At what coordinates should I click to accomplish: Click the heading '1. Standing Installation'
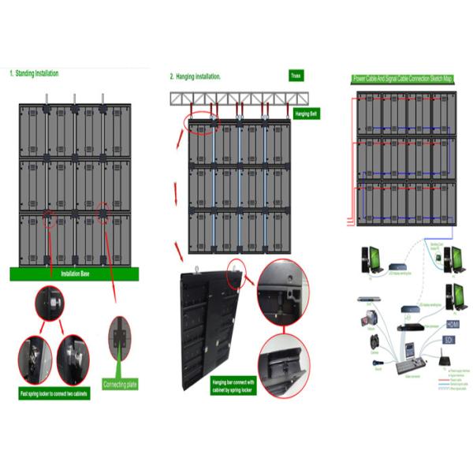[35, 73]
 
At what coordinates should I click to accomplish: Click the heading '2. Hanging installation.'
[196, 76]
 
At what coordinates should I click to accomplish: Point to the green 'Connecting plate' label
[121, 384]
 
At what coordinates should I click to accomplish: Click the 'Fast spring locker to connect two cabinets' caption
[54, 393]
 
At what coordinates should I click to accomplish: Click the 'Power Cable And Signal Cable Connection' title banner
[403, 79]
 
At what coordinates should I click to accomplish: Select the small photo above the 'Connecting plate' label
[120, 334]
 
